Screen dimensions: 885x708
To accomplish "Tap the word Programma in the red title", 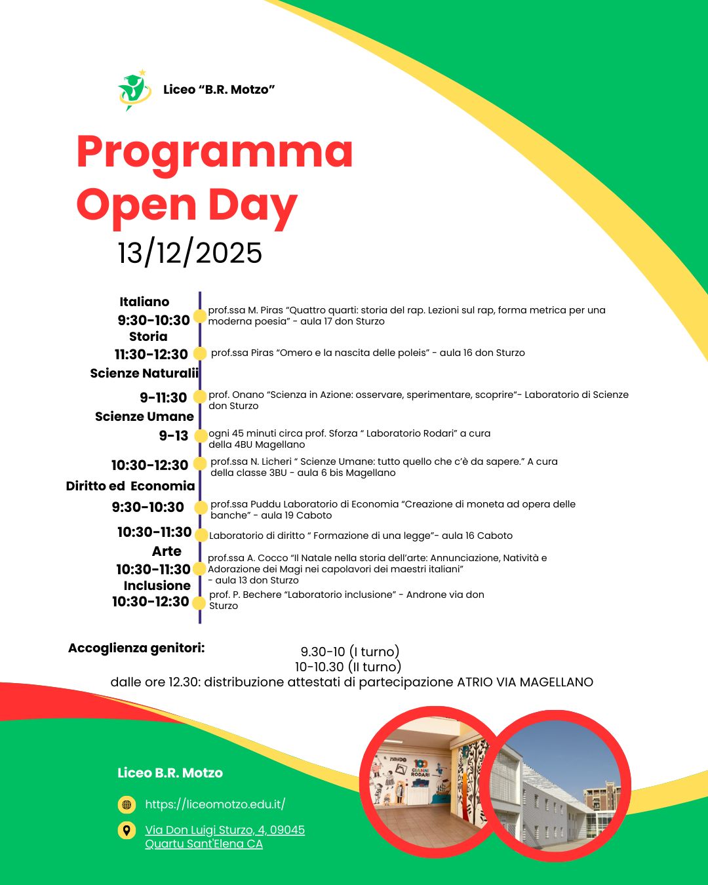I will tap(214, 151).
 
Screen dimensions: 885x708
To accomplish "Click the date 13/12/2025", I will tap(190, 253).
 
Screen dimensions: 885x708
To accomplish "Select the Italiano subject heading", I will tap(144, 302).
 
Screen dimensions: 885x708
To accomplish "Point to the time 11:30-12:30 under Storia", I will tap(151, 354).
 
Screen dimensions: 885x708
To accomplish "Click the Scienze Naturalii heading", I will tap(144, 373).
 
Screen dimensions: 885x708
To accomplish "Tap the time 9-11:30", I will tap(163, 397).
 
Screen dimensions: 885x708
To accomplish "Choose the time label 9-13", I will tap(174, 435).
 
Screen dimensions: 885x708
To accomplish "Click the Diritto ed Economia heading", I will tap(130, 486).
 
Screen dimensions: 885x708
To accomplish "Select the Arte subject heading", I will tap(167, 551).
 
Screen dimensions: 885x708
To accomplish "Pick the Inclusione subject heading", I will tap(157, 585).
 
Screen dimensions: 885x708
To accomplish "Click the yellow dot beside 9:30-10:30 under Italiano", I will tap(200, 316).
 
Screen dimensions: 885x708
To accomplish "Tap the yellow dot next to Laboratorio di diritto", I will tap(201, 535).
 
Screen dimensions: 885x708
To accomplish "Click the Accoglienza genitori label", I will tap(136, 648).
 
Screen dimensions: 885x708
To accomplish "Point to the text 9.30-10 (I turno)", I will tap(350, 652).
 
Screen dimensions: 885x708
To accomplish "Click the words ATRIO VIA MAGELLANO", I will tap(525, 682).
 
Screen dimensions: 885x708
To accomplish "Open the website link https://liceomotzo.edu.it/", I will tap(215, 804).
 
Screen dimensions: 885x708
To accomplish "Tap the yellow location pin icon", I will tap(127, 830).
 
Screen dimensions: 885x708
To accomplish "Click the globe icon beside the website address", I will tap(127, 804).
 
